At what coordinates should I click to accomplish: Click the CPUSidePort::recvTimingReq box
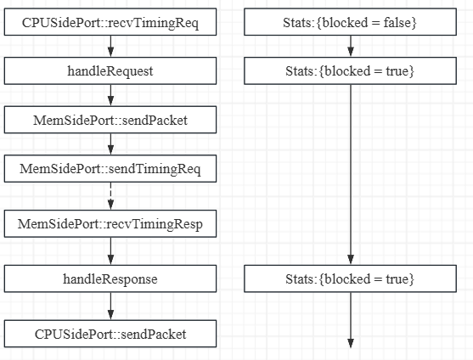(x=110, y=22)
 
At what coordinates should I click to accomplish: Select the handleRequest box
(x=110, y=71)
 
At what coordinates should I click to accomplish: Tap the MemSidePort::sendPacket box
(x=110, y=121)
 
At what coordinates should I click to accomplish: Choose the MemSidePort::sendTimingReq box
(x=110, y=169)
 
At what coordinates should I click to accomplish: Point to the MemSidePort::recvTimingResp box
(x=110, y=225)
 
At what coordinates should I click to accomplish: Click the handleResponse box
(x=110, y=278)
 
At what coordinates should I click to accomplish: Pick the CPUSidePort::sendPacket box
(x=110, y=334)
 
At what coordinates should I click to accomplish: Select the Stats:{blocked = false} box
(x=350, y=22)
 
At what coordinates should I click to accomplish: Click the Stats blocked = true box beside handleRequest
(x=350, y=71)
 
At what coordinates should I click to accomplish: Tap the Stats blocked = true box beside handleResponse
(x=350, y=278)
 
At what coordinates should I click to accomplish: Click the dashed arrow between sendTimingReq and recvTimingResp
(x=110, y=197)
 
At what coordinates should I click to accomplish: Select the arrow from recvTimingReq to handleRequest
(x=110, y=47)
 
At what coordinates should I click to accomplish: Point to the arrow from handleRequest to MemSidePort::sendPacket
(x=110, y=96)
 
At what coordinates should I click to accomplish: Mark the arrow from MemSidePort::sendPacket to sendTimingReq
(x=110, y=145)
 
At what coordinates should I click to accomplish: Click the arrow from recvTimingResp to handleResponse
(x=110, y=251)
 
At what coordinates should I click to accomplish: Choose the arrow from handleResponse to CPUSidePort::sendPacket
(x=110, y=306)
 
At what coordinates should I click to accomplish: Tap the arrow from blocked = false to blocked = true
(x=350, y=47)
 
